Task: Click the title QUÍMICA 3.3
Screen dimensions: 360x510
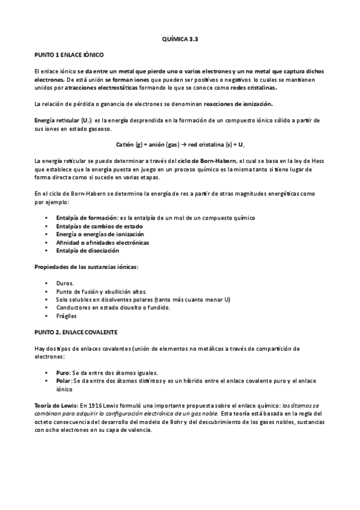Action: click(180, 38)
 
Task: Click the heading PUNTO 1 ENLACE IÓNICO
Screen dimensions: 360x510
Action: click(70, 55)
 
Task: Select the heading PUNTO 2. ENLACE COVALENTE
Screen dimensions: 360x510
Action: click(76, 331)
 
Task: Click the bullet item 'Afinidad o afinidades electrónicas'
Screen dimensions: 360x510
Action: click(94, 242)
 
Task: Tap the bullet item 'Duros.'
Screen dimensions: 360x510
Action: click(65, 282)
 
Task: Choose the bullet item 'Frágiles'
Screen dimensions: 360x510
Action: click(67, 316)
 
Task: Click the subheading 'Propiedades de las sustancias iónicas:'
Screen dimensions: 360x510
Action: click(87, 265)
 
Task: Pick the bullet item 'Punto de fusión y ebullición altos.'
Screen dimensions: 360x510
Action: click(97, 290)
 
